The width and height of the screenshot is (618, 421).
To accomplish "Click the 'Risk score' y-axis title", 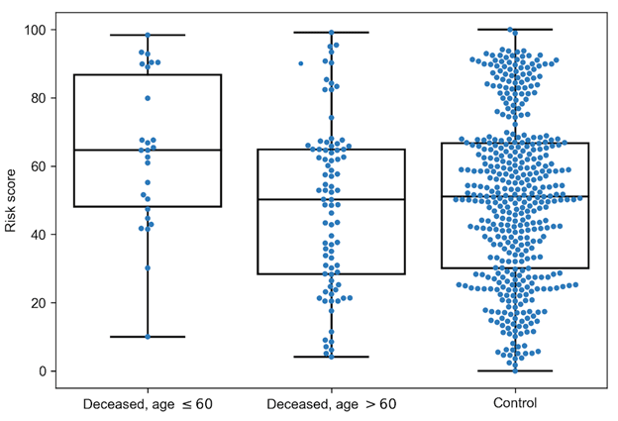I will click(x=11, y=201).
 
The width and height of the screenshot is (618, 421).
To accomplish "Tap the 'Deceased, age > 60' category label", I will click(x=331, y=403).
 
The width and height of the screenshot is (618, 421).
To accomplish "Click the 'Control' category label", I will click(x=515, y=403).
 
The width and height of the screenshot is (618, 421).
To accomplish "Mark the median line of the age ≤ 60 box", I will click(x=147, y=150).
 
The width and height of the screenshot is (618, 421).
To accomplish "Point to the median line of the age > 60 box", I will click(x=331, y=199).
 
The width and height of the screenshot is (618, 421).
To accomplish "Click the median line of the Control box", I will click(x=515, y=196).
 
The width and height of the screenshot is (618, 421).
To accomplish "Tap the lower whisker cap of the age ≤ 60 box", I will click(x=147, y=337).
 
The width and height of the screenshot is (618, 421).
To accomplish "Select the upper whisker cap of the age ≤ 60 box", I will click(x=147, y=35).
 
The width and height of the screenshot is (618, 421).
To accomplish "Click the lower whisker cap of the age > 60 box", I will click(x=331, y=357).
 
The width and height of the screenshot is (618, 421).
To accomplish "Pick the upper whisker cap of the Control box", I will click(x=515, y=30).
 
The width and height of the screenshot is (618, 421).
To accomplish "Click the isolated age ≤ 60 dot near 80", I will click(x=148, y=98).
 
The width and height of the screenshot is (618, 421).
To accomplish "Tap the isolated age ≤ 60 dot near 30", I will click(x=148, y=267).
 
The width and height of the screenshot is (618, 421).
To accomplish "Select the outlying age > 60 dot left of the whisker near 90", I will click(x=301, y=63).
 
